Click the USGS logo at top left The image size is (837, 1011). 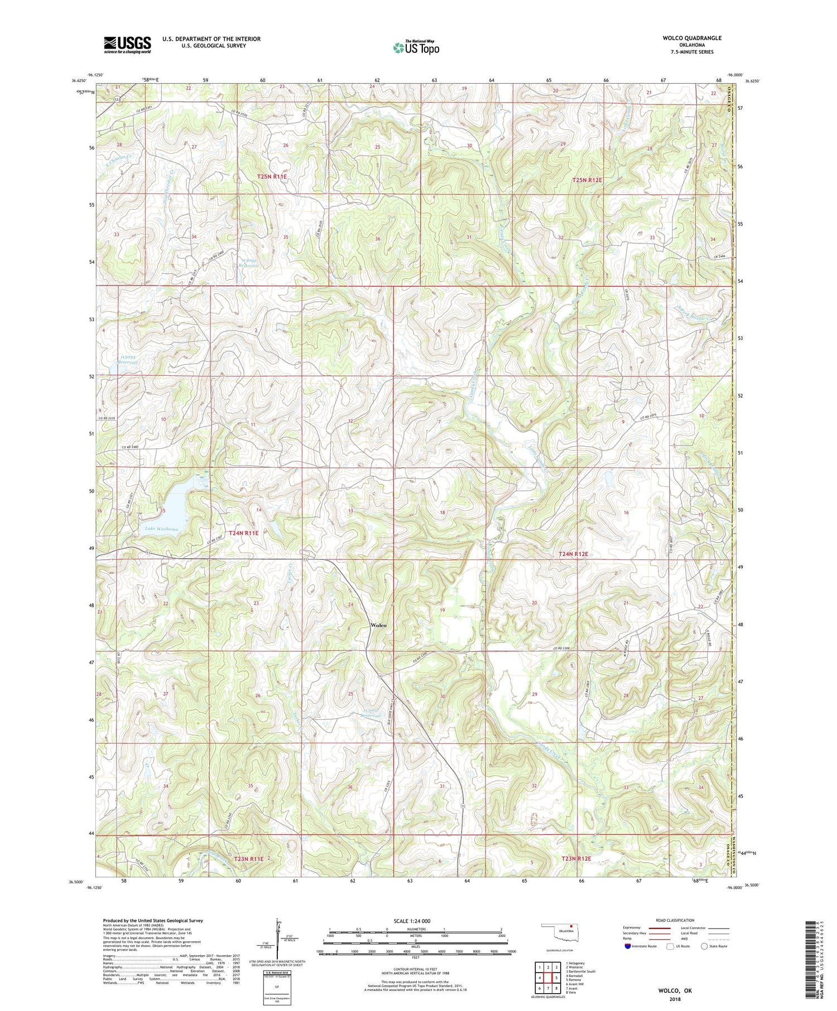pos(127,45)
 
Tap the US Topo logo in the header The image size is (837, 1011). pos(416,48)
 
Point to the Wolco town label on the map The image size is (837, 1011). pos(378,625)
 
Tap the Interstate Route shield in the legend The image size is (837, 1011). pos(629,946)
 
